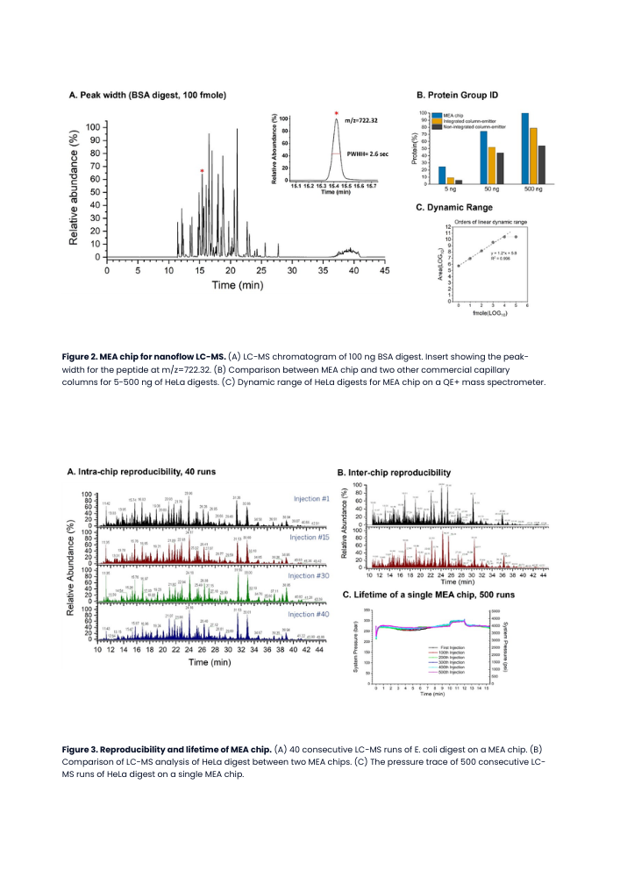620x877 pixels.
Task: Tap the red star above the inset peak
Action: click(x=335, y=113)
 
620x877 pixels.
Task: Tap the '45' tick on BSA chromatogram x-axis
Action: click(x=384, y=271)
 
